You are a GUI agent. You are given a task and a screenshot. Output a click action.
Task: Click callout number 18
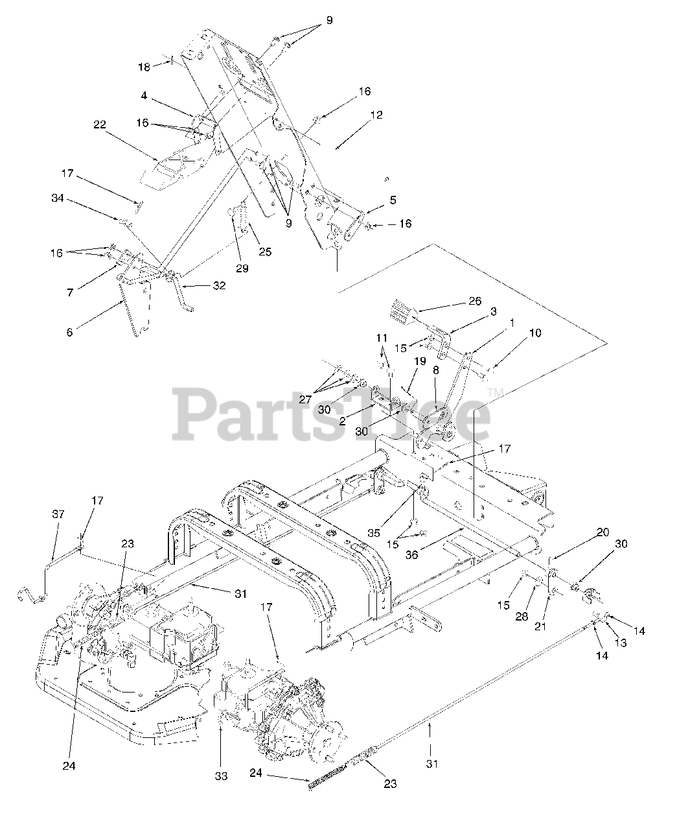[x=144, y=67]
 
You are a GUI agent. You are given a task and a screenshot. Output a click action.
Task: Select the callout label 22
[x=99, y=125]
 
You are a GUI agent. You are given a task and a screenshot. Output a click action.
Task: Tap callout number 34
[x=57, y=198]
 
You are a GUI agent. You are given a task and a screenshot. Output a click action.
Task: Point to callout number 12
[x=376, y=115]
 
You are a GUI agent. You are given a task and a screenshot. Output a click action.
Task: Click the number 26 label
[x=475, y=301]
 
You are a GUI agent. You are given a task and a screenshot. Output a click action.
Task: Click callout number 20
[x=602, y=532]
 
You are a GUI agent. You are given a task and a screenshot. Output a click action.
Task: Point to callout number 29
[x=242, y=268]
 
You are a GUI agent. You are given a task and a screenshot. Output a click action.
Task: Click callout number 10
[x=535, y=333]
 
